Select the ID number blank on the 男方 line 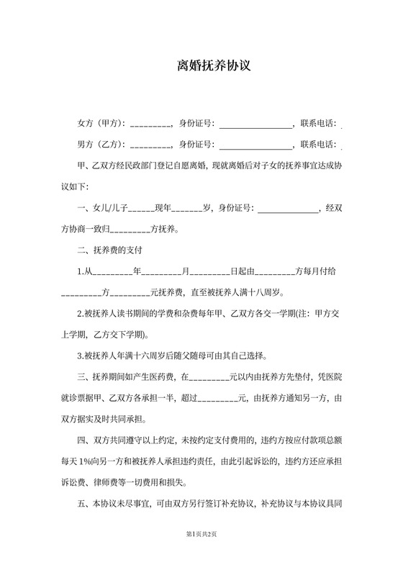click(255, 143)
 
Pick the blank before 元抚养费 click(130, 294)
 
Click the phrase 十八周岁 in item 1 click(266, 294)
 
